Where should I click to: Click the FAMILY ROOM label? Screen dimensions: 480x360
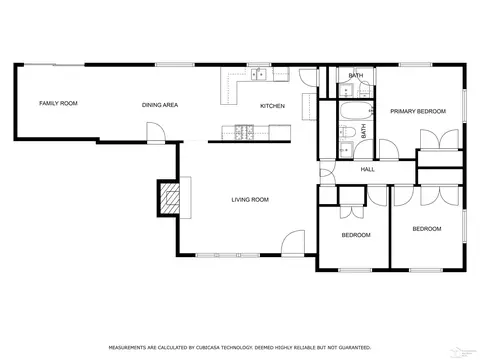click(x=58, y=103)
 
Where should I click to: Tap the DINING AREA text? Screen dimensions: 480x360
click(x=160, y=105)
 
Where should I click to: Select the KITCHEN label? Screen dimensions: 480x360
click(x=272, y=106)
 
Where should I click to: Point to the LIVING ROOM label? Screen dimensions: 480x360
click(x=250, y=200)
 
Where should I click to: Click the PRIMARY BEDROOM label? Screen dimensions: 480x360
click(x=418, y=111)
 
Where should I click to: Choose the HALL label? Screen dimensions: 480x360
click(x=368, y=170)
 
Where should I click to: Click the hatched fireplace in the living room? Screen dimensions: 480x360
click(x=170, y=198)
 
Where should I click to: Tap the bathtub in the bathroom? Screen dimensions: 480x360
click(x=356, y=111)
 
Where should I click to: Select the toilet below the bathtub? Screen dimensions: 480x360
click(x=347, y=132)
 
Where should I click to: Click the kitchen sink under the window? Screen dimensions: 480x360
click(x=259, y=74)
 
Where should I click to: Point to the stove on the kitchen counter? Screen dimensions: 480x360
click(x=244, y=132)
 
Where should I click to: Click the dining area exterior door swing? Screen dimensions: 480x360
click(x=156, y=132)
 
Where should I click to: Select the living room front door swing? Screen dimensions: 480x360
click(x=293, y=242)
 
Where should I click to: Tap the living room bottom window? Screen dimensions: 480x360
click(x=228, y=255)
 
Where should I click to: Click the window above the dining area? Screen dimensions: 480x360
click(x=175, y=65)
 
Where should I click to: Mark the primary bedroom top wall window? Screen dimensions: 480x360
click(x=415, y=65)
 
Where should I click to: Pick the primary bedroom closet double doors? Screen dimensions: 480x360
click(x=439, y=139)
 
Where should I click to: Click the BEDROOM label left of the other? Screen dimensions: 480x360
click(x=356, y=235)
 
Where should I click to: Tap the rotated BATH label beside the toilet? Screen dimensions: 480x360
click(x=364, y=131)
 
